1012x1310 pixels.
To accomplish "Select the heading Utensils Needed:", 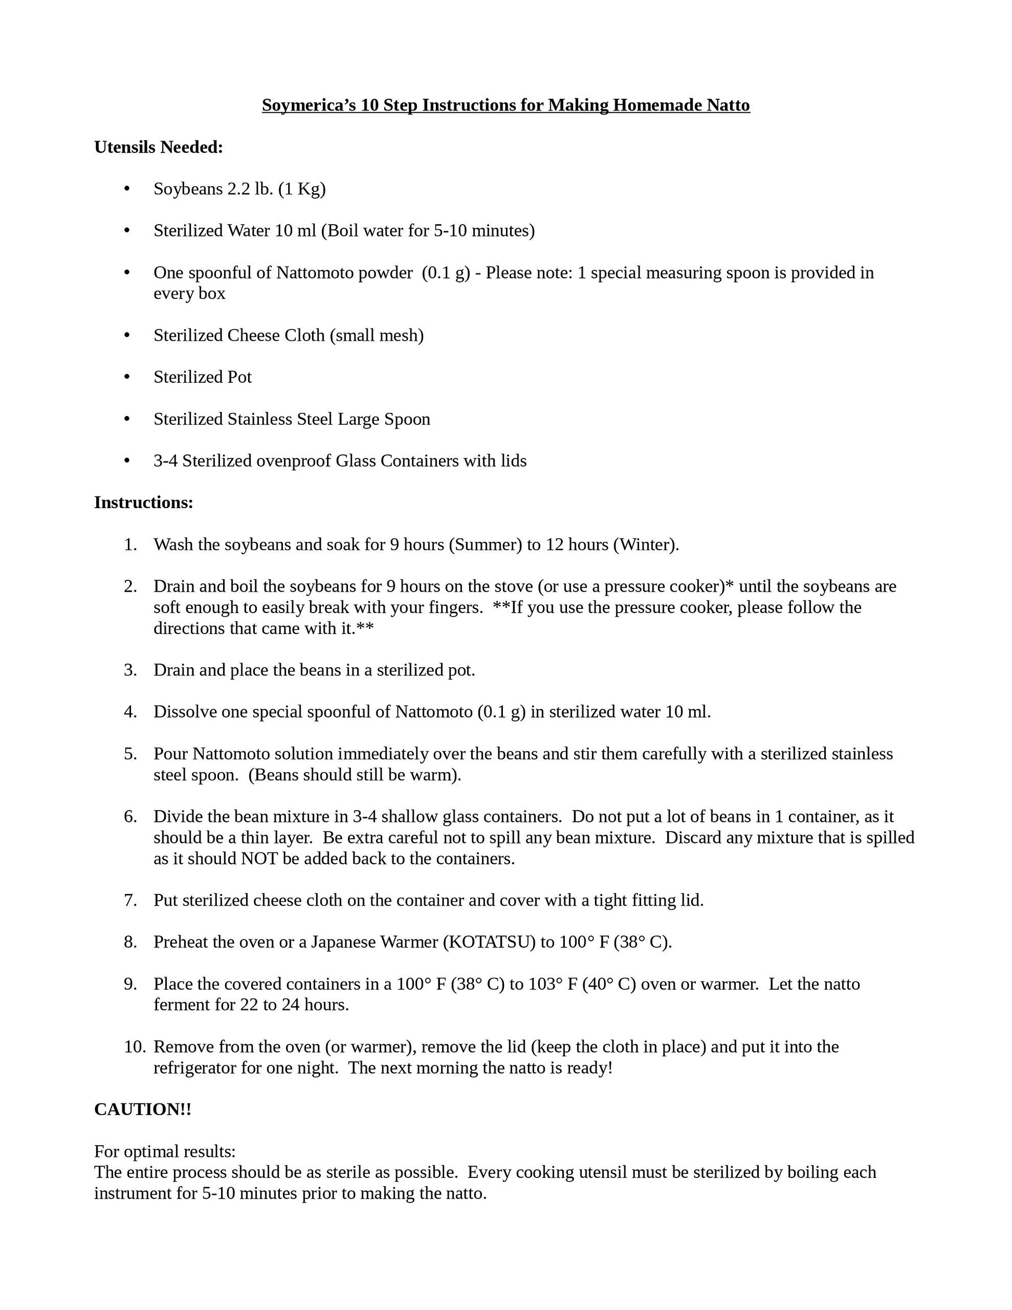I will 159,147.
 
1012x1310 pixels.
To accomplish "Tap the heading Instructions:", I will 144,503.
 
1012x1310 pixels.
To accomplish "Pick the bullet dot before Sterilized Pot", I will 126,377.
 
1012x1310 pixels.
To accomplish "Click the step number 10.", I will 134,1047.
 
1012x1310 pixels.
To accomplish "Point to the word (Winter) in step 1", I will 646,544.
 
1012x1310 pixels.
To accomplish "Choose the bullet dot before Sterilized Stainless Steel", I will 126,419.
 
